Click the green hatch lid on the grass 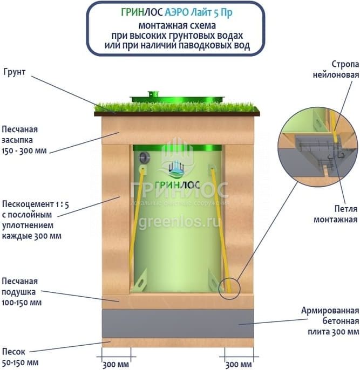pyautogui.click(x=178, y=98)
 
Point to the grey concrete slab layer pyautogui.click(x=178, y=324)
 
